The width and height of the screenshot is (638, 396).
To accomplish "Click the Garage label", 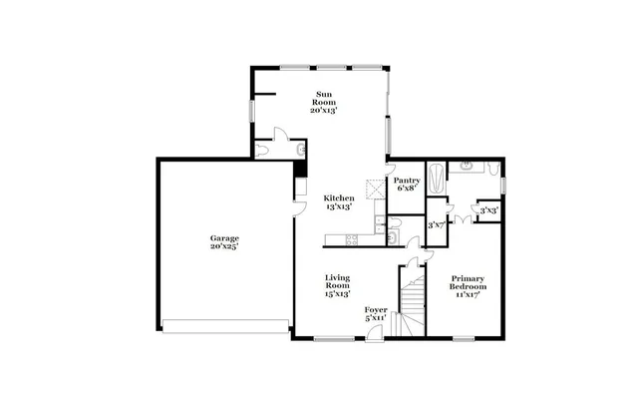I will pyautogui.click(x=223, y=238).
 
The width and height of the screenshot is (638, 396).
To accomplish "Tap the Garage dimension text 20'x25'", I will pyautogui.click(x=223, y=246).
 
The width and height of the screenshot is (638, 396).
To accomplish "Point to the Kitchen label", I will pyautogui.click(x=339, y=198).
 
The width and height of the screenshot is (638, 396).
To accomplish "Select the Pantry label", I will pyautogui.click(x=406, y=180).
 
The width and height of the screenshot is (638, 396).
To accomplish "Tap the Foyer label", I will pyautogui.click(x=375, y=310).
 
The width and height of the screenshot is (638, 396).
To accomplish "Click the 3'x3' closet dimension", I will pyautogui.click(x=488, y=210).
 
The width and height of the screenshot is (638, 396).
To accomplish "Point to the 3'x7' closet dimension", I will pyautogui.click(x=436, y=224).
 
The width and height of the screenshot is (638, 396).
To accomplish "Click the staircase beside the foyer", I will pyautogui.click(x=410, y=299).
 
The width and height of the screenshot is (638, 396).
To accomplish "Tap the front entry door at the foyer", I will pyautogui.click(x=374, y=332).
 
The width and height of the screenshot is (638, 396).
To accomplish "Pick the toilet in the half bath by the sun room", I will pyautogui.click(x=262, y=150).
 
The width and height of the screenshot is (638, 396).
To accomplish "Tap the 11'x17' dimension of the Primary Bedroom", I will pyautogui.click(x=468, y=295).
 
